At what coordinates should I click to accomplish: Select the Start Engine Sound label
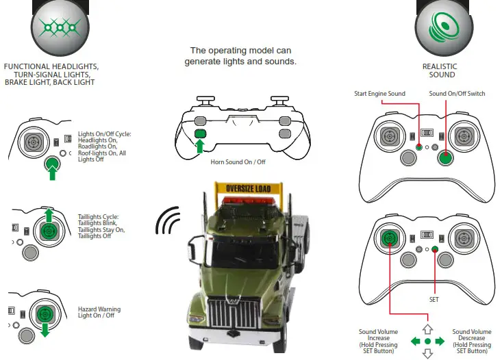(379, 94)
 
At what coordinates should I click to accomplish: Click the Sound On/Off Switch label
(457, 94)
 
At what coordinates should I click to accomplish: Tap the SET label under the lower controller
(434, 299)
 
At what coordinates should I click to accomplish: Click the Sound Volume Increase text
(377, 338)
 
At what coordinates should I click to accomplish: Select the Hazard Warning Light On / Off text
(101, 313)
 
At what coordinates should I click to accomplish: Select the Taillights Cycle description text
(102, 226)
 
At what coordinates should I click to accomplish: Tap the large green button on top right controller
(446, 158)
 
